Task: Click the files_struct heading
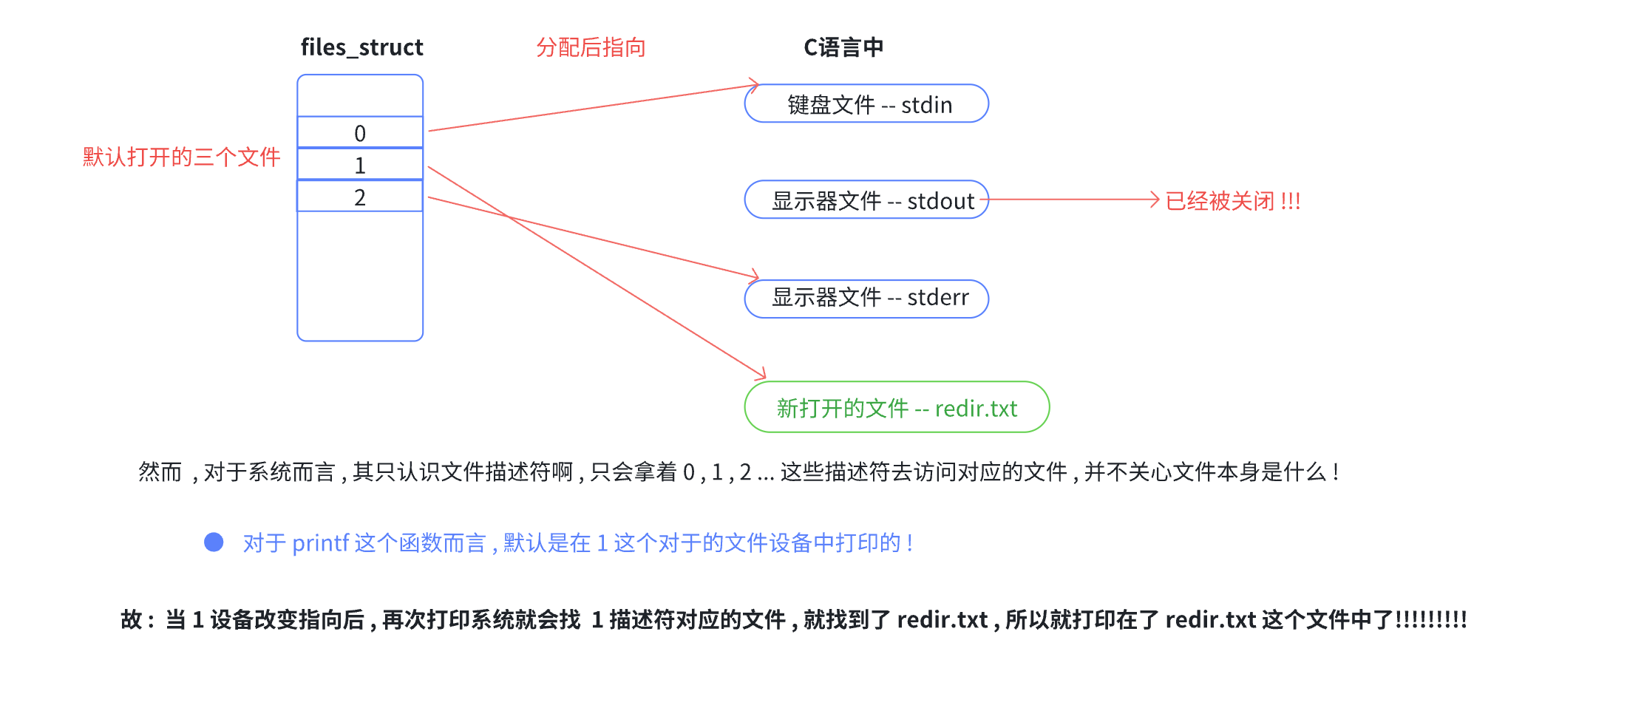point(361,48)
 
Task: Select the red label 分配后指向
point(591,48)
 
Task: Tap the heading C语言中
point(843,48)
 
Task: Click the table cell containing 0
point(360,133)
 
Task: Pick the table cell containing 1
point(360,165)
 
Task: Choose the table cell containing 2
point(360,197)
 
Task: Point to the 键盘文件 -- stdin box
point(866,104)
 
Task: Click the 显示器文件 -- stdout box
point(866,200)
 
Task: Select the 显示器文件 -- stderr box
point(866,298)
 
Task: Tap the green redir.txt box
point(897,407)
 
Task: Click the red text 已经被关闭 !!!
point(1232,201)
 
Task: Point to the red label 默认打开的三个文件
point(181,157)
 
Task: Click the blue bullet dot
point(214,542)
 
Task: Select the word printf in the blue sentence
point(320,543)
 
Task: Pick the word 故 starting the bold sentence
point(131,619)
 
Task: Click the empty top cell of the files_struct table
point(360,96)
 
